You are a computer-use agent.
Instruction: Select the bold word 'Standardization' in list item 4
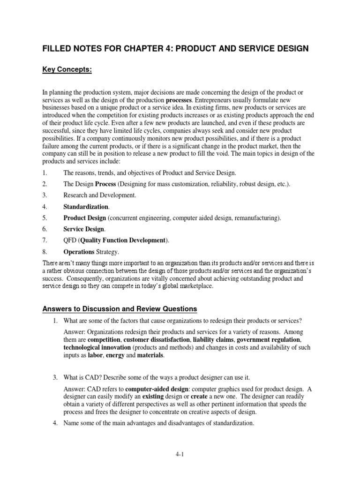[x=86, y=206]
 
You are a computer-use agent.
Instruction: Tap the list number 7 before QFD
[x=45, y=240]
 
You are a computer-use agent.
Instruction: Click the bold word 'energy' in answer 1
[x=115, y=356]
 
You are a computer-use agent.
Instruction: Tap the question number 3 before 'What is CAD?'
[x=55, y=376]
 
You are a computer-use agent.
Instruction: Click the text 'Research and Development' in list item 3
[x=99, y=195]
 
